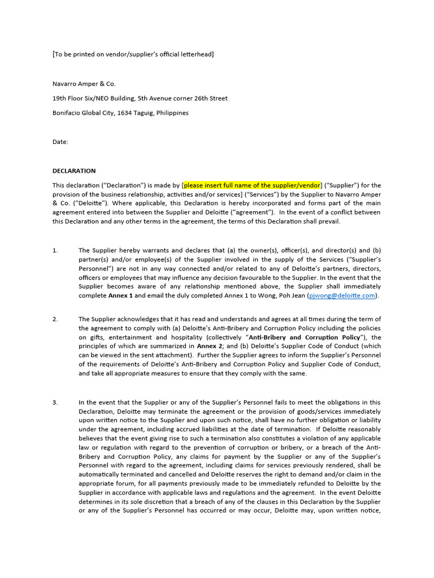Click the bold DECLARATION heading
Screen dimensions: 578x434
click(x=74, y=171)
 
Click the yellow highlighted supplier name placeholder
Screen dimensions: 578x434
click(x=252, y=185)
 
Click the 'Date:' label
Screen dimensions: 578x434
click(x=60, y=142)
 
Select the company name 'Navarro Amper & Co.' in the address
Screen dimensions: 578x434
click(x=84, y=84)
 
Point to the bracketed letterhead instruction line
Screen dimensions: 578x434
click(x=133, y=54)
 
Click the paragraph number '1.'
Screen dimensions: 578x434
click(x=55, y=250)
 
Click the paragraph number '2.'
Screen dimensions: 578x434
click(x=55, y=319)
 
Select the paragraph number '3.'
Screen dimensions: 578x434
click(x=55, y=402)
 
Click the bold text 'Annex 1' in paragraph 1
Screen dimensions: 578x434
click(x=121, y=295)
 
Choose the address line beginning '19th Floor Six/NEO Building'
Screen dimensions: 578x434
click(x=140, y=98)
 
